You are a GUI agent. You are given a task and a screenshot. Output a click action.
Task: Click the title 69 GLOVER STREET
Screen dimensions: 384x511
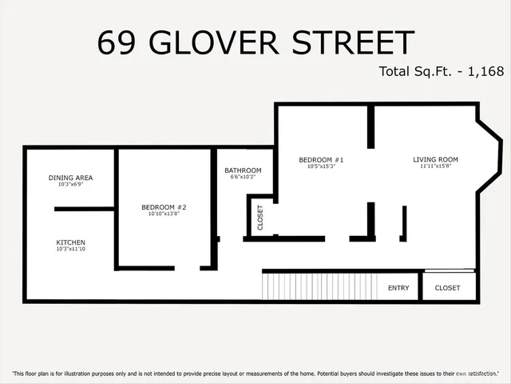click(255, 42)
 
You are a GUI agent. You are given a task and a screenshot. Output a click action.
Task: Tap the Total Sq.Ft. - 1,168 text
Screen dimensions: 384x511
click(441, 71)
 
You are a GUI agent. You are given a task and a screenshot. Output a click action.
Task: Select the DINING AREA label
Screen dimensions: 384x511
click(71, 178)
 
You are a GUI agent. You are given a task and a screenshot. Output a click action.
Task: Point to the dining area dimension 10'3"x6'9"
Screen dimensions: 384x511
click(70, 185)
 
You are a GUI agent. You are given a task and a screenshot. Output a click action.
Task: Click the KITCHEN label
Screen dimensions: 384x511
click(70, 242)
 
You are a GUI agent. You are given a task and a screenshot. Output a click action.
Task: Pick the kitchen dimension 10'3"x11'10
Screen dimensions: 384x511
click(70, 250)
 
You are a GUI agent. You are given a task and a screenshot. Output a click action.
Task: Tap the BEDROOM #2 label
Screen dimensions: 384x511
click(164, 207)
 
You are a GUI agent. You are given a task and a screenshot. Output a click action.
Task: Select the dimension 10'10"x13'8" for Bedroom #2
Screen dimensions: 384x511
click(164, 214)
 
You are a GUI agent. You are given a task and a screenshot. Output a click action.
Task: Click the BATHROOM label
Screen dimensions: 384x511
click(243, 170)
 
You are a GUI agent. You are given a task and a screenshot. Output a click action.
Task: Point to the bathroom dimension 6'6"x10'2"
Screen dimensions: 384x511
click(243, 178)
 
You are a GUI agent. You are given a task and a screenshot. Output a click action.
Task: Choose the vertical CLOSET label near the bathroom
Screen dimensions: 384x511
click(260, 218)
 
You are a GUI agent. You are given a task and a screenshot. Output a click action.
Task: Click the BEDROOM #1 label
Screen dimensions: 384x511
click(321, 160)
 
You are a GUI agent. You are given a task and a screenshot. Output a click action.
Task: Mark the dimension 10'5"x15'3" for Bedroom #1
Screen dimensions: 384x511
click(321, 167)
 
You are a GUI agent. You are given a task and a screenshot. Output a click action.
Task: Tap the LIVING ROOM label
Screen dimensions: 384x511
click(435, 160)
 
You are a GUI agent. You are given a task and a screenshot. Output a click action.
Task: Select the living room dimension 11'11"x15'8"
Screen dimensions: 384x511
click(435, 167)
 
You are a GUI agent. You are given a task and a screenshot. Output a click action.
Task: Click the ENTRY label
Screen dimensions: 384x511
click(398, 288)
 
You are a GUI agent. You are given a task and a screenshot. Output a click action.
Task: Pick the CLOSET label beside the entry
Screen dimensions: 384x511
click(447, 288)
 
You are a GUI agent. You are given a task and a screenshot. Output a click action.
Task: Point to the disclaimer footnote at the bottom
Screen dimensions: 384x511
click(255, 374)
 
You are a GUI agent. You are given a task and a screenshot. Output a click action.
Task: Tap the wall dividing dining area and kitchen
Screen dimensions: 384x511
click(85, 209)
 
